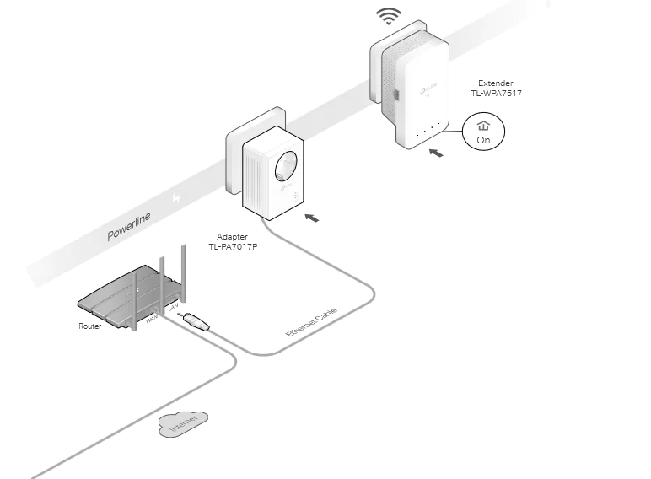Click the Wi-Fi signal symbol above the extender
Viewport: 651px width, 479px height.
coord(389,15)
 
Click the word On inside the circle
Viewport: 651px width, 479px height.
coord(483,141)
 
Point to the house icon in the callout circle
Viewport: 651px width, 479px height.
coord(483,126)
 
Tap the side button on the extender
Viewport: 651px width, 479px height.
coord(394,94)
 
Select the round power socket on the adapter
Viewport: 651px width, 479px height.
coord(284,163)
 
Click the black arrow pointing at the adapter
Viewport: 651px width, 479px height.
coord(311,218)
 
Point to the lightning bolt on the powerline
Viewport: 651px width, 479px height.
coord(176,198)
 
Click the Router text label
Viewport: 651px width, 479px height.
coord(90,326)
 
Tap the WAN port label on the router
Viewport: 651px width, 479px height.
coord(153,320)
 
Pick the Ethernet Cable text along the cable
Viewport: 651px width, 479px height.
coord(311,324)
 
